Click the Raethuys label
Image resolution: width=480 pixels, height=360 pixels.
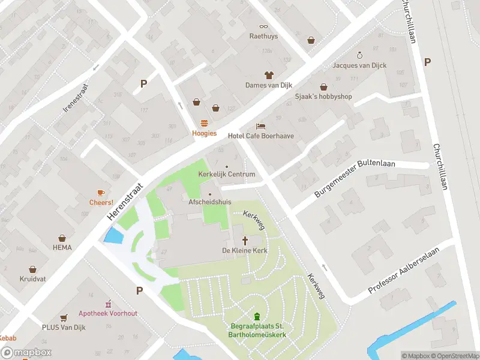[x=263, y=36]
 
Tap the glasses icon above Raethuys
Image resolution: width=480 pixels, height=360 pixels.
[x=263, y=26]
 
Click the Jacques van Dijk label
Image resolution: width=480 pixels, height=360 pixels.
[x=360, y=65]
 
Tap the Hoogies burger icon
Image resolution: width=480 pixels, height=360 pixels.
[x=204, y=123]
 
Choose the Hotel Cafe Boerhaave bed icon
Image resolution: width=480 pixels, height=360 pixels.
[x=260, y=126]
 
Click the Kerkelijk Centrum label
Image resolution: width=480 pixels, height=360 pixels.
[x=227, y=175]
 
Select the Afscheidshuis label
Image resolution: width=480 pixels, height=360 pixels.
[x=209, y=203]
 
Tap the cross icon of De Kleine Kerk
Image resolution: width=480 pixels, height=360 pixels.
[x=244, y=240]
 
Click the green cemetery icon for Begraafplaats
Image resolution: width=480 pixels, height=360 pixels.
[x=257, y=316]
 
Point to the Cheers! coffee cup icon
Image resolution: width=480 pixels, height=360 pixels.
[x=101, y=193]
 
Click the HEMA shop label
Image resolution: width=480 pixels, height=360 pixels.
[x=62, y=247]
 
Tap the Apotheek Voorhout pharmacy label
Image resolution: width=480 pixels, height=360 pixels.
[x=108, y=313]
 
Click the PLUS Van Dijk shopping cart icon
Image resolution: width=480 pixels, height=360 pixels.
[x=64, y=317]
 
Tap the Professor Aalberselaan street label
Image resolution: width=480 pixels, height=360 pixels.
[x=404, y=271]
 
